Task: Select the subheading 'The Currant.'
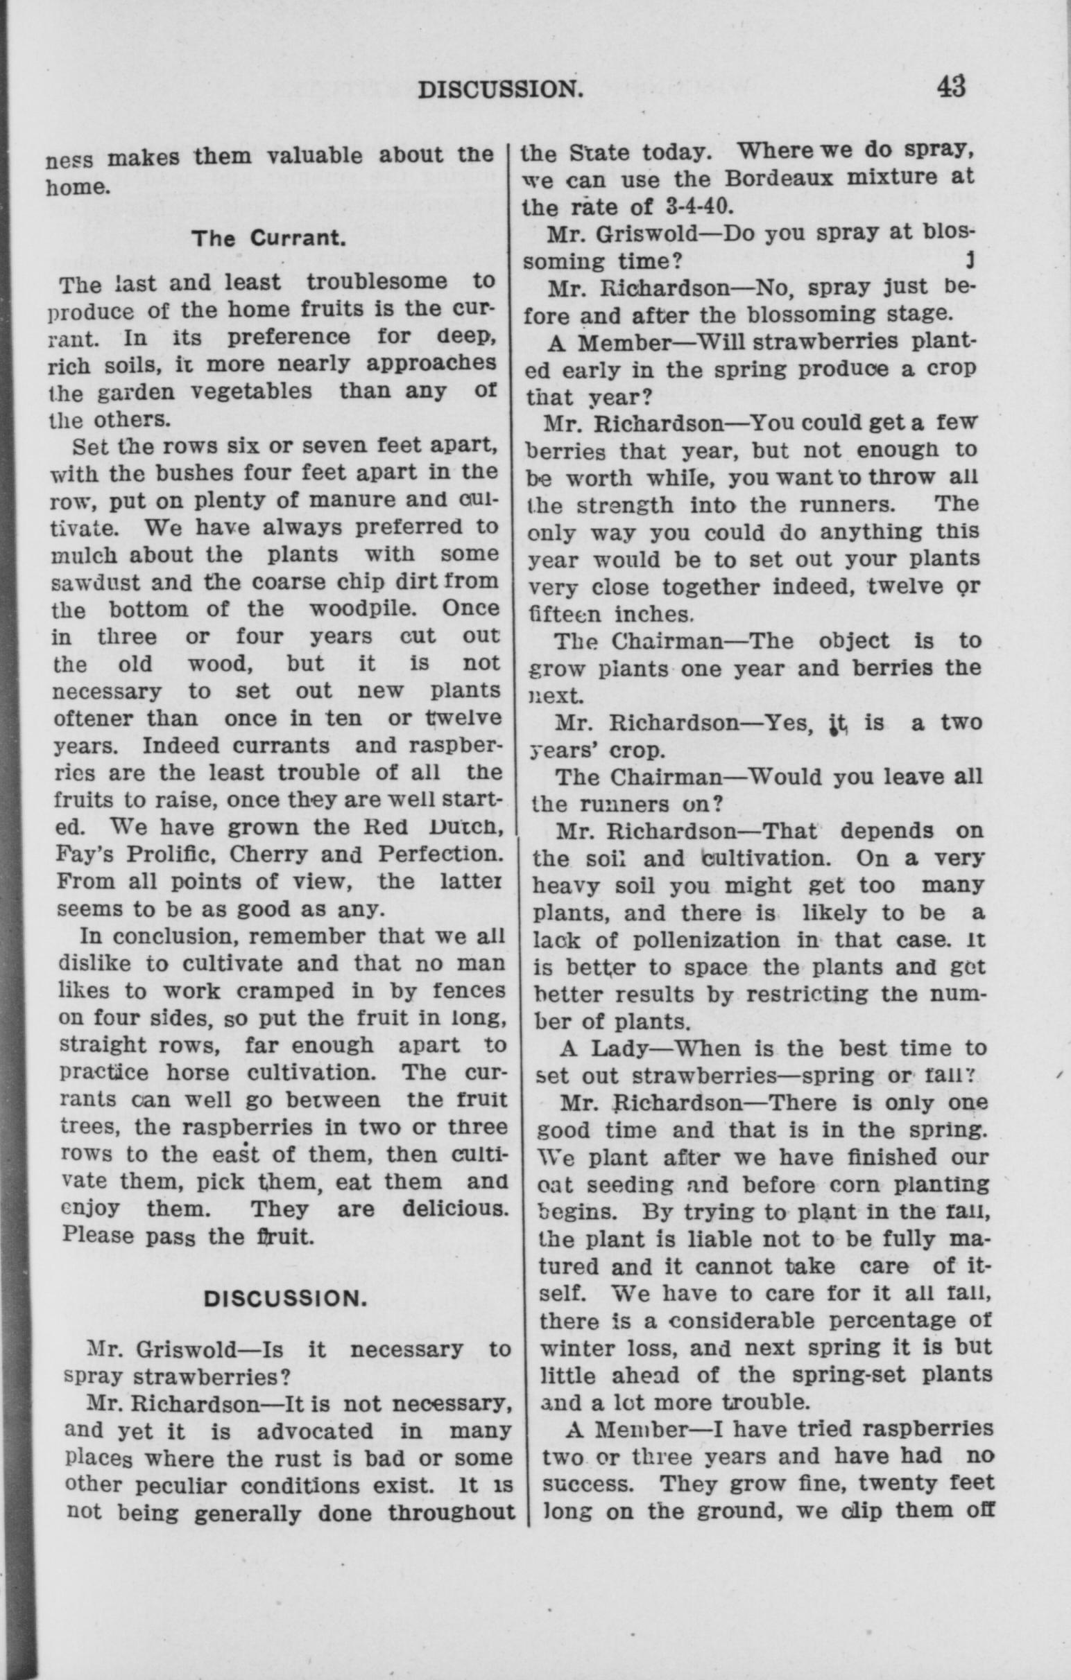click(x=270, y=238)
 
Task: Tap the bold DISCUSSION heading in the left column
click(x=285, y=1298)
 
